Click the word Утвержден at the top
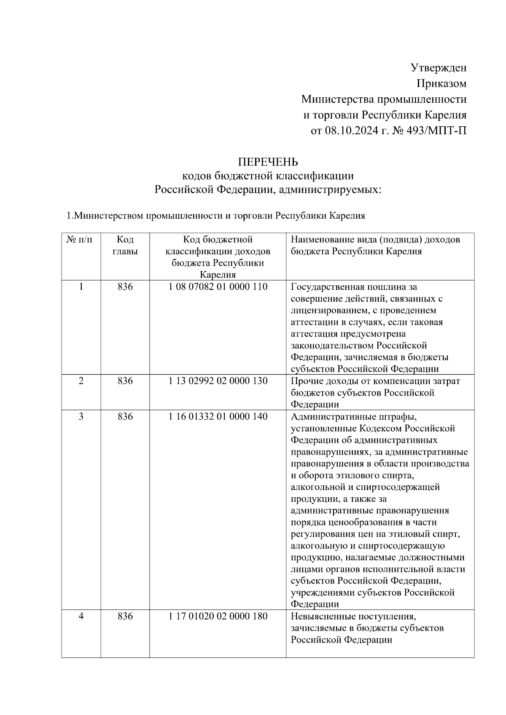pyautogui.click(x=439, y=67)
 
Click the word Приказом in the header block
pyautogui.click(x=441, y=83)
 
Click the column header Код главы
pyautogui.click(x=125, y=246)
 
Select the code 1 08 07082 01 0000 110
pyautogui.click(x=218, y=287)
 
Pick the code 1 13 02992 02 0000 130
pyautogui.click(x=218, y=381)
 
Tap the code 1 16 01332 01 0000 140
pyautogui.click(x=218, y=416)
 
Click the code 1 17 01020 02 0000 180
pyautogui.click(x=218, y=616)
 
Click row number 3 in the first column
pyautogui.click(x=81, y=416)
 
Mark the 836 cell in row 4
pyautogui.click(x=125, y=616)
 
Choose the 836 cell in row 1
pyautogui.click(x=125, y=287)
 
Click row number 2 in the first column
pyautogui.click(x=81, y=381)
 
